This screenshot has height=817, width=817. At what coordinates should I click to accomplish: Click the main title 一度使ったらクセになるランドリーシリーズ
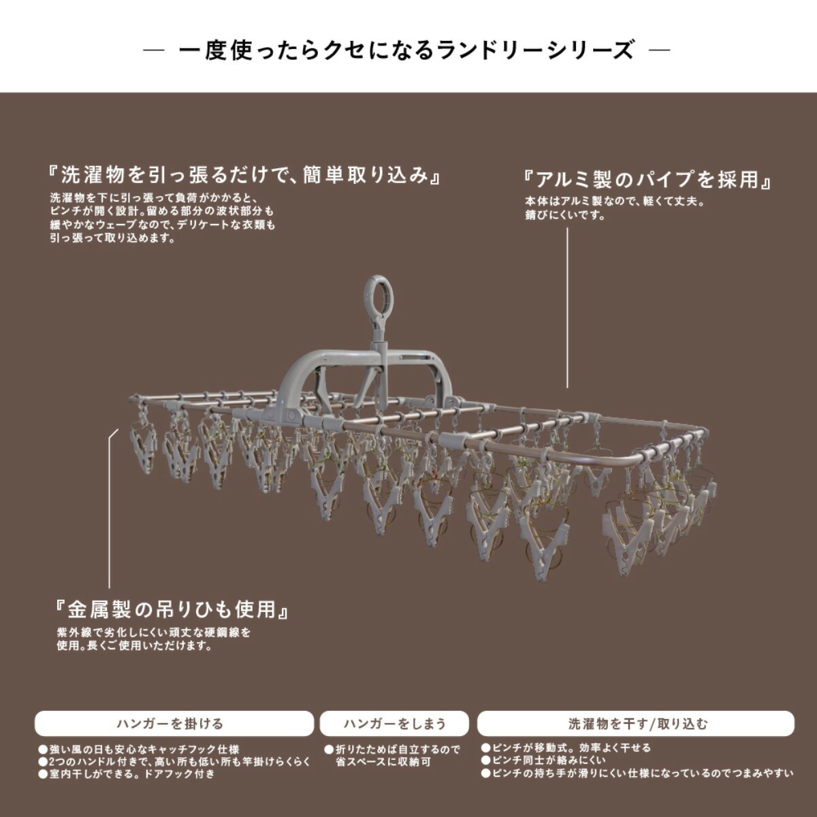click(406, 50)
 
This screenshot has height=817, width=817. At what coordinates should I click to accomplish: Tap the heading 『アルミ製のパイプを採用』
click(647, 180)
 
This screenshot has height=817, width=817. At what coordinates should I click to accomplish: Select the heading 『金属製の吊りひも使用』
click(172, 609)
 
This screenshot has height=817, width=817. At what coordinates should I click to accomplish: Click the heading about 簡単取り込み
click(244, 175)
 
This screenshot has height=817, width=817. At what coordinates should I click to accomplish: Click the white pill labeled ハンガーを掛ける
click(174, 723)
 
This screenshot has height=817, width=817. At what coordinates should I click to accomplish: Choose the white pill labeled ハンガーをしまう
click(395, 723)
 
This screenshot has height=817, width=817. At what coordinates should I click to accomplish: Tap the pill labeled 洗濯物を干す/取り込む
click(636, 723)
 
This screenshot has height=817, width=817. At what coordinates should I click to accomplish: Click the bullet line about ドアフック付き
click(127, 773)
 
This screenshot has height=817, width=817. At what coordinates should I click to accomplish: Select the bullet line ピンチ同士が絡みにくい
click(543, 761)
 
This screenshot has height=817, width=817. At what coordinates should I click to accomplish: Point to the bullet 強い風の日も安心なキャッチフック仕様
click(139, 749)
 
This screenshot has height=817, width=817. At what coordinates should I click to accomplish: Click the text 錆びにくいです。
click(564, 215)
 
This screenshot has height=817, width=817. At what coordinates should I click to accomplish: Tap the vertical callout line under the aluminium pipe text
click(567, 308)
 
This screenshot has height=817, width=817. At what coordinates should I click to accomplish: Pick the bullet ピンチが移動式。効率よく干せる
click(566, 748)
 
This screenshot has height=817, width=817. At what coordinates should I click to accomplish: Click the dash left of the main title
click(155, 50)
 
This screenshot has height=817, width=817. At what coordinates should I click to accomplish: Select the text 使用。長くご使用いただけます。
click(134, 646)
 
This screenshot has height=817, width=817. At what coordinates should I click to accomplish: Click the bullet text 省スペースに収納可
click(383, 762)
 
